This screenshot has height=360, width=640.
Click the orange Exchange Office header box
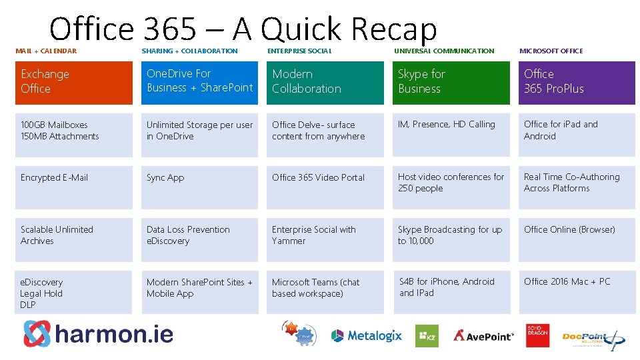point(73,83)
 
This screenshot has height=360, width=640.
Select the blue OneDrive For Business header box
point(199,83)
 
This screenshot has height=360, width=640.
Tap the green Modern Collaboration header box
point(325,83)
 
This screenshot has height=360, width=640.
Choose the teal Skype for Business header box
point(451,83)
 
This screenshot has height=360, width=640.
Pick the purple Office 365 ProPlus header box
point(577,83)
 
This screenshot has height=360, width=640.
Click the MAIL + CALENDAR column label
point(46,51)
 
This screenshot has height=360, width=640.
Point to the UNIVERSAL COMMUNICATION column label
point(444,51)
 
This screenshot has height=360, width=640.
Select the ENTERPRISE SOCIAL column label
point(299,51)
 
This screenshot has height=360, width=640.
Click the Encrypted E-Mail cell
point(73,187)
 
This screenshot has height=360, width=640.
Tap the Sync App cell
point(199,187)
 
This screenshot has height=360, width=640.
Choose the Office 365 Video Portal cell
point(325,187)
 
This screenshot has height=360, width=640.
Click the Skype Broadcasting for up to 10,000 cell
point(451,239)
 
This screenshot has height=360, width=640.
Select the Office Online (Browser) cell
point(577,239)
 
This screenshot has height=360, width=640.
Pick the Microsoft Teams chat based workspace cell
point(325,292)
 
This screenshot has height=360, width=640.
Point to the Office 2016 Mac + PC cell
point(577,292)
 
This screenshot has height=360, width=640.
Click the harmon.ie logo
point(98,333)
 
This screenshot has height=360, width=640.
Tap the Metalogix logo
point(367,335)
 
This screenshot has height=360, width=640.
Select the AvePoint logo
point(484,335)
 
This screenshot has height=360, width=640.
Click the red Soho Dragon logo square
point(537,335)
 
